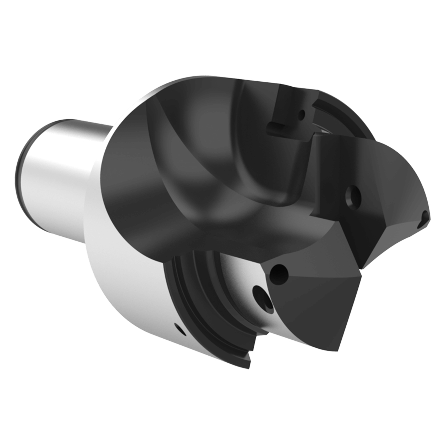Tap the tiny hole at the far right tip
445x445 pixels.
(x=424, y=219)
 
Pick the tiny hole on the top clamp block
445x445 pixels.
(x=302, y=113)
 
